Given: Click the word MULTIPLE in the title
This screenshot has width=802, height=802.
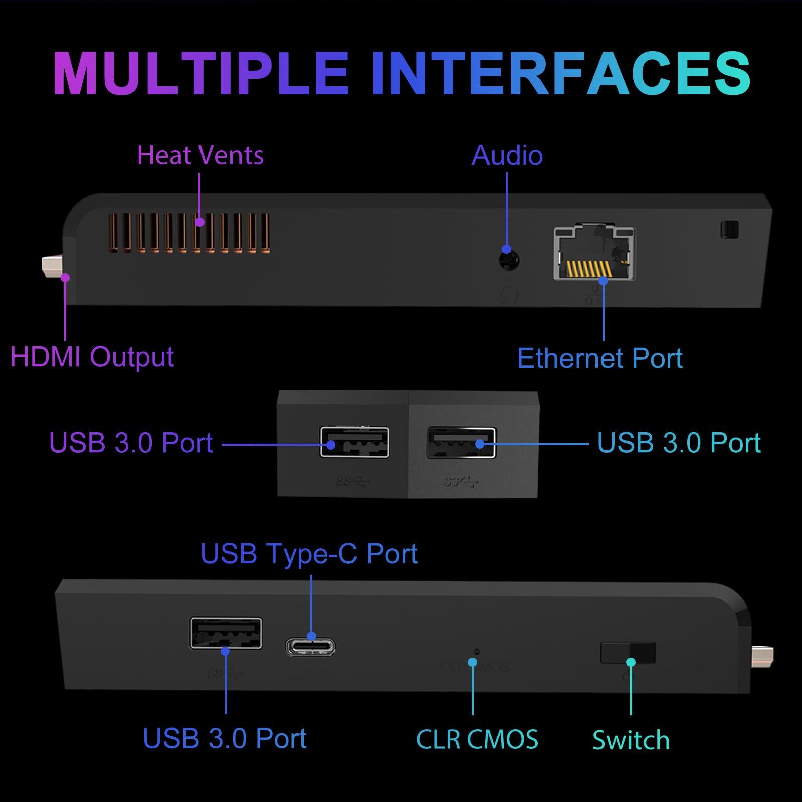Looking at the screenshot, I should click(x=200, y=73).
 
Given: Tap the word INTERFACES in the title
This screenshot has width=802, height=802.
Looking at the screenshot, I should click(x=561, y=73).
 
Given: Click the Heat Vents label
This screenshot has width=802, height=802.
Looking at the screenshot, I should click(x=200, y=155).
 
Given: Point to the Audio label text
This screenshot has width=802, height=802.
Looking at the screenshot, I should click(x=507, y=155).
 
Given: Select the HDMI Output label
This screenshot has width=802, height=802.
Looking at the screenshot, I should click(x=92, y=357).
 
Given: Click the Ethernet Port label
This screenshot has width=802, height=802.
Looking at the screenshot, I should click(x=599, y=358).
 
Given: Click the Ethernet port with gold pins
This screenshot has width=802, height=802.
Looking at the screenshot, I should click(x=594, y=253).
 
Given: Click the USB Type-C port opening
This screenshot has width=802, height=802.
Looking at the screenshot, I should click(x=311, y=647).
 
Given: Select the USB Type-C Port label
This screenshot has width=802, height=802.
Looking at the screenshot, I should click(x=309, y=554).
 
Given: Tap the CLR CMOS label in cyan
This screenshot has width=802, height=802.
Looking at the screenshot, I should click(x=477, y=739).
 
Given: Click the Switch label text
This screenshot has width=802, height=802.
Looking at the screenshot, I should click(x=631, y=740).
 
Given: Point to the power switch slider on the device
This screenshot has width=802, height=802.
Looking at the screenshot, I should click(x=628, y=652).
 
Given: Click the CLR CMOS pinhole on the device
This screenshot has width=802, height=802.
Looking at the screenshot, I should click(x=477, y=652).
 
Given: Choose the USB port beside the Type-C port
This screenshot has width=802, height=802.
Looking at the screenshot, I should click(x=226, y=634).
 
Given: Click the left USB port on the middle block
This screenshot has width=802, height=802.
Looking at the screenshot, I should click(x=354, y=442).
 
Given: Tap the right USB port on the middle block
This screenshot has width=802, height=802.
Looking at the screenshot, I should click(x=461, y=443).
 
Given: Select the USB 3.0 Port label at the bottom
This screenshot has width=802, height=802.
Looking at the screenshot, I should click(x=225, y=738).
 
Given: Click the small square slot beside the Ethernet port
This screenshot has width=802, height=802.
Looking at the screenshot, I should click(x=729, y=229).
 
